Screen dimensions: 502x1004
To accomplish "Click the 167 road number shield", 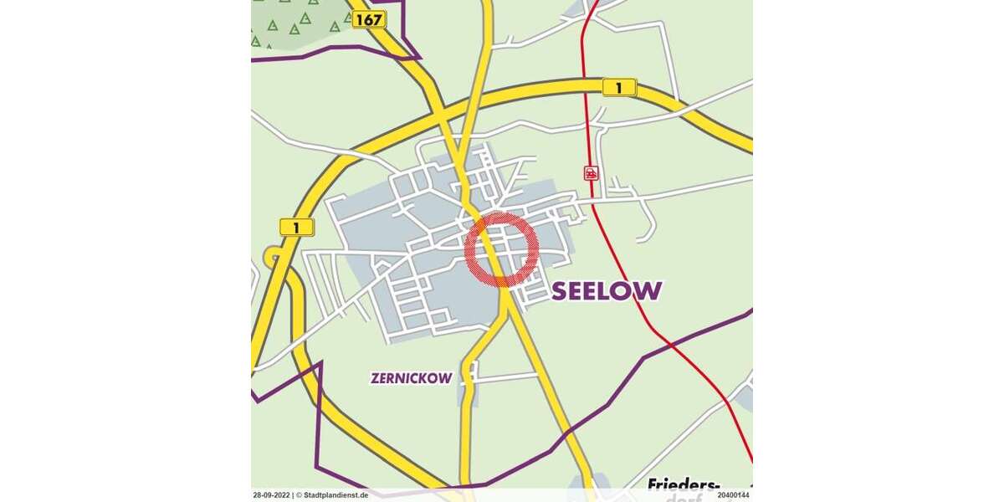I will (x=369, y=19).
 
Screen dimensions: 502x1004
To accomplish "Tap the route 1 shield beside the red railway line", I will (x=619, y=87).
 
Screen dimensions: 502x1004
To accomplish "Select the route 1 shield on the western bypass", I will (x=296, y=227).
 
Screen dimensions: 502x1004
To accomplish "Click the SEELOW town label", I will (x=607, y=291).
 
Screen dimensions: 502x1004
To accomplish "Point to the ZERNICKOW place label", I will (x=411, y=378).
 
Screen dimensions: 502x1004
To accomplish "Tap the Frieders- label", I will (x=684, y=486).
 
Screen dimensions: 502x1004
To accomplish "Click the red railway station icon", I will (x=592, y=173).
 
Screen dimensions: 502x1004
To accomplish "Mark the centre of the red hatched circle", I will (x=501, y=249).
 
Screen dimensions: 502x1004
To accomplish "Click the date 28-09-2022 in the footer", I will (x=271, y=495).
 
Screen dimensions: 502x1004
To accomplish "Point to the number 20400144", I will (x=733, y=495).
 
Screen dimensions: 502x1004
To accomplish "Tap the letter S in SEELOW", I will (x=561, y=291).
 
